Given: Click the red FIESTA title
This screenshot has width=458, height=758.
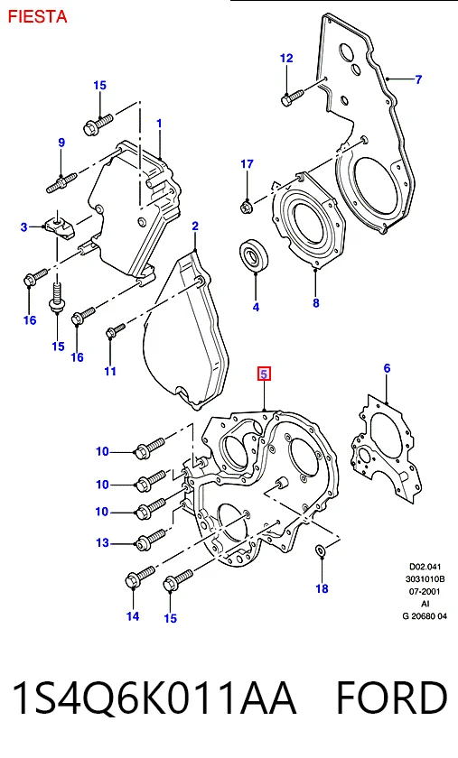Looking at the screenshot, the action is pos(37,16).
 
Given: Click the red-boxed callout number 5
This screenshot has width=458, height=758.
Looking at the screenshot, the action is pos(264,374).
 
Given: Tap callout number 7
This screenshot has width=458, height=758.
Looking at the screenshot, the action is pos(419,79).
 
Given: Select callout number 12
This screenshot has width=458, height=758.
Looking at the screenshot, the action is pos(286,58).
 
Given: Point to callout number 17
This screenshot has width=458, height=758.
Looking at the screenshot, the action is pos(247,164).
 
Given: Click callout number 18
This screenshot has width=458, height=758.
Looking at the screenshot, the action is pos(322,588).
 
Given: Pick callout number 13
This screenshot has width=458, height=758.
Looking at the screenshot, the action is pos(103,543).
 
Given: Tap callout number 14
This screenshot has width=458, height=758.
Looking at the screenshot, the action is pos(133,615).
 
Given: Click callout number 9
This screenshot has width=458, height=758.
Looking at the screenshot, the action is pos(61,143).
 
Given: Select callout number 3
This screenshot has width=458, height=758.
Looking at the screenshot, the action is pos(24,226).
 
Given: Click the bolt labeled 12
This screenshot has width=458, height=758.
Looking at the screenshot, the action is pos(292,97).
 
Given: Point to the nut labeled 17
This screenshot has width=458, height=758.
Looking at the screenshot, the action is pos(246,207).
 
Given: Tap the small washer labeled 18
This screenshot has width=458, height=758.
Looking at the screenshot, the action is pos(321,550).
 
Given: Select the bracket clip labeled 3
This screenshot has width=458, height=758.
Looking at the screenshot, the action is pos(61,226).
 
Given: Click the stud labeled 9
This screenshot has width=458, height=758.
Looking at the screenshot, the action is pos(61,182).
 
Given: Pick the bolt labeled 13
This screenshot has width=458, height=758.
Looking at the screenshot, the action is pos(151,539).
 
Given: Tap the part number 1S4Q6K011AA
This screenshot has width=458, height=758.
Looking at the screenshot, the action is pos(154,698).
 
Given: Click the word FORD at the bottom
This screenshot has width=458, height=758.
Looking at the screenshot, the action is pos(392,698).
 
